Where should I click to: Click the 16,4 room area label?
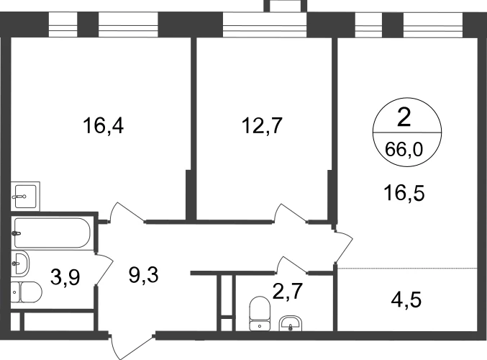coord(103,126)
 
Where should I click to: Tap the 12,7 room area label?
coord(262,125)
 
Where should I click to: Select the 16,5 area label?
coord(404,193)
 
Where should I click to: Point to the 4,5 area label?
coord(406,300)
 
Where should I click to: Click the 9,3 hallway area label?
coord(143,275)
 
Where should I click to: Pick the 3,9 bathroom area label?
coord(65,277)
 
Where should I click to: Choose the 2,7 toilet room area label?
coord(287,292)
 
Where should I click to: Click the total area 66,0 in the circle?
coord(404,150)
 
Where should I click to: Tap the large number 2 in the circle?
coord(404,118)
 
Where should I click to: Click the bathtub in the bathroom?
coord(53,233)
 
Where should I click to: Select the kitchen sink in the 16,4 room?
coord(25,197)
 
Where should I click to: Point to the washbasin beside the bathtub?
coord(20,264)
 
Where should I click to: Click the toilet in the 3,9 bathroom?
coord(26,292)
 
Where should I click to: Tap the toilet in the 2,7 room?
coord(260,313)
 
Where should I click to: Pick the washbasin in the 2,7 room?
coord(290,323)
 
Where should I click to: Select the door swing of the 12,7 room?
coord(291,213)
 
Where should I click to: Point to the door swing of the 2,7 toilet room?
coord(292,265)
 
